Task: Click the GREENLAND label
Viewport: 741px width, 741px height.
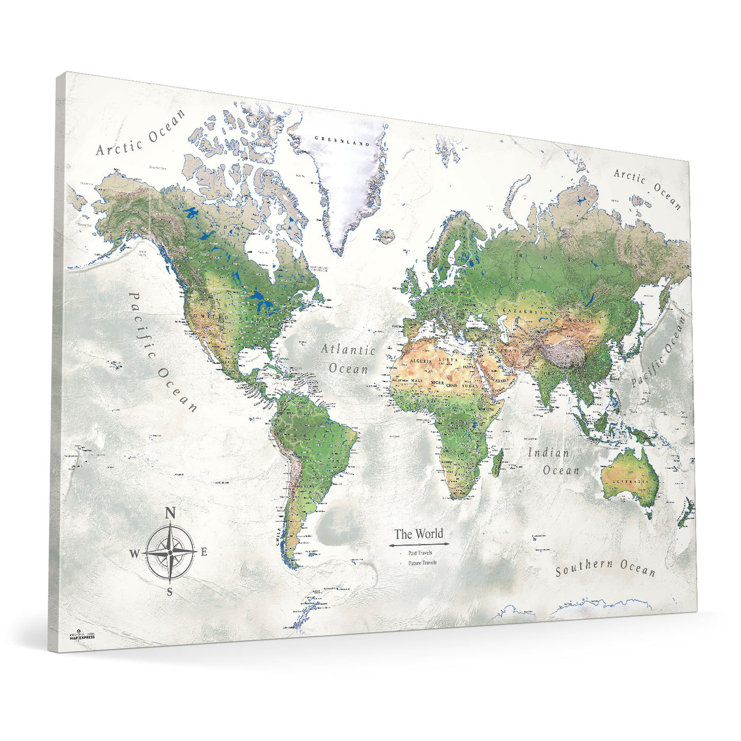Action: coord(341,141)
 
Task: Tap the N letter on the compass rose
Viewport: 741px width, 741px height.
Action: coord(170,512)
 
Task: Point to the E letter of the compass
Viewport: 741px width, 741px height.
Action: coord(203,552)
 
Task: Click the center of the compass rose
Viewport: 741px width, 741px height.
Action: coord(169,552)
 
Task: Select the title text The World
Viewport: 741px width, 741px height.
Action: coord(419,534)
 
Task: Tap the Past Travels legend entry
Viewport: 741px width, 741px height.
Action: coord(420,553)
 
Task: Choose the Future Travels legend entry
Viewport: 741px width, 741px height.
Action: coord(422,562)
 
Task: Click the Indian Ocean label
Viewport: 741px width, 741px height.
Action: coord(554,461)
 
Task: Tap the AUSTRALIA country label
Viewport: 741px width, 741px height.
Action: coord(630,483)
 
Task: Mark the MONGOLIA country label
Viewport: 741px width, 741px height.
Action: coord(585,321)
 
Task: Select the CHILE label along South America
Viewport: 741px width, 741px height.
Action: coord(279,536)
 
